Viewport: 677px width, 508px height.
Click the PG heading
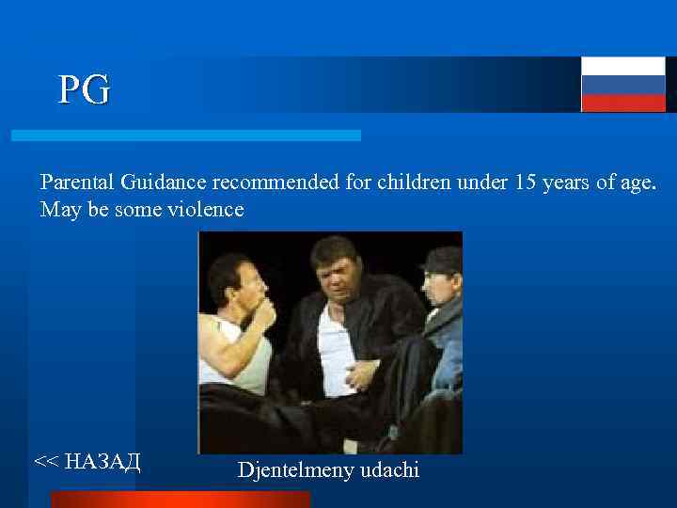coord(84,90)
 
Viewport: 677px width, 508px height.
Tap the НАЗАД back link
coord(87,460)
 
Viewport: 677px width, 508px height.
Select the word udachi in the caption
coord(389,468)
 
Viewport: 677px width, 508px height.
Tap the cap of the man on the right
coord(442,258)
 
